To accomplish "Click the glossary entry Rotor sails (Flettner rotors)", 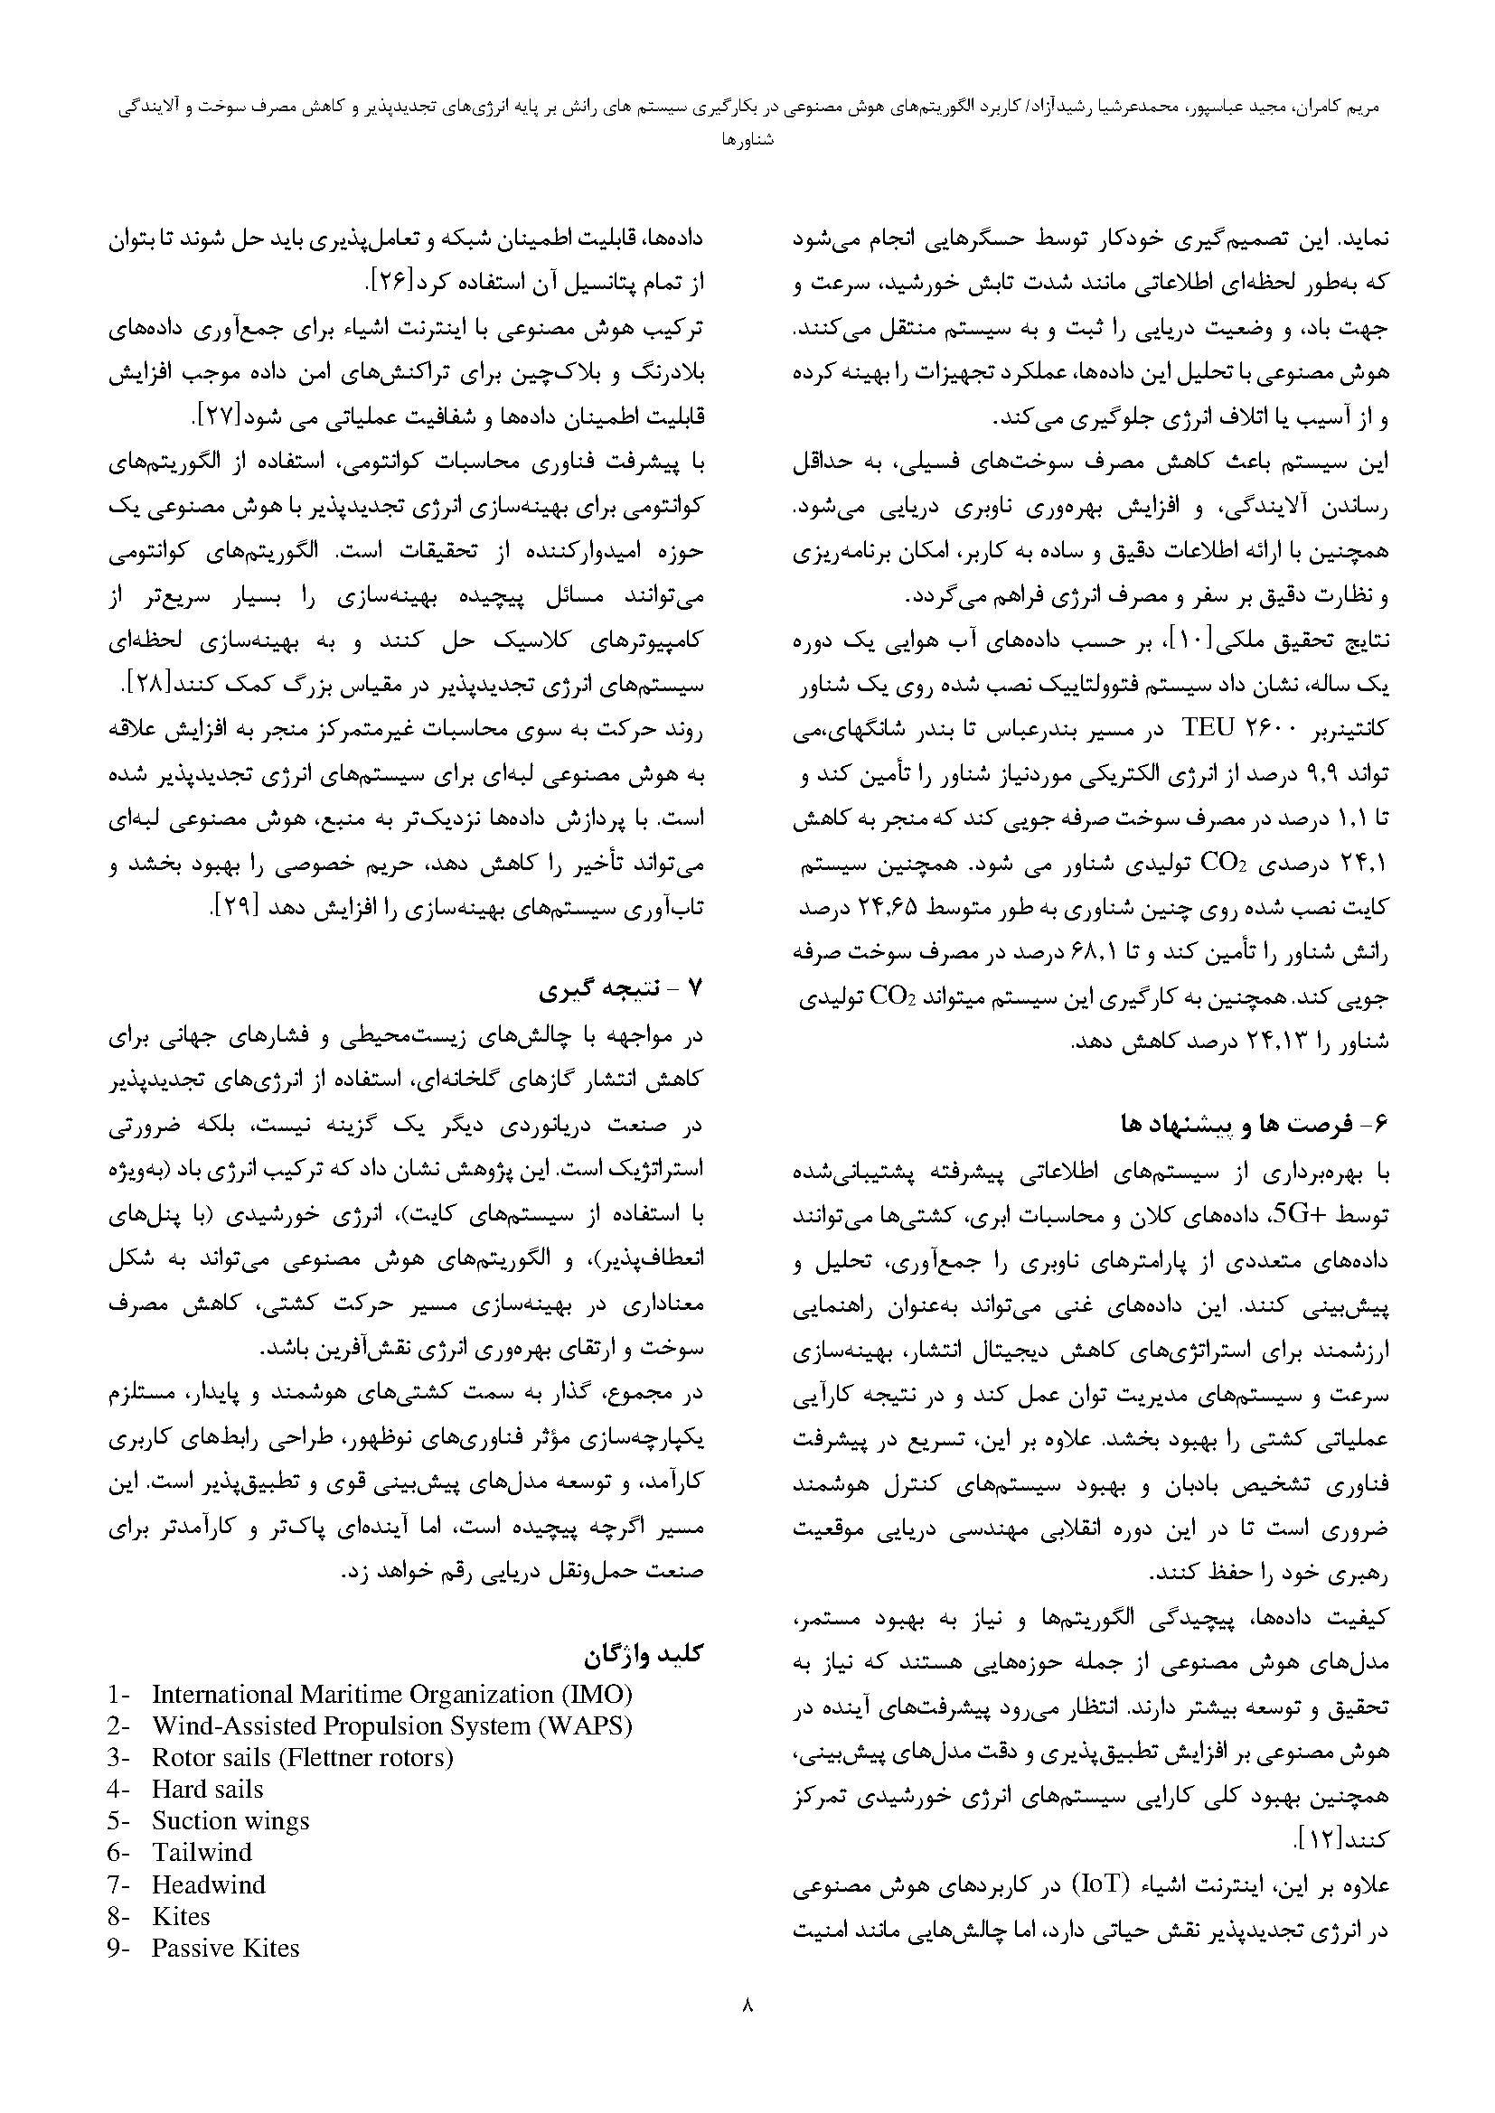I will tap(303, 1758).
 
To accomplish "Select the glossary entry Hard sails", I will tap(208, 1790).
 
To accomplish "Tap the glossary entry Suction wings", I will tap(231, 1821).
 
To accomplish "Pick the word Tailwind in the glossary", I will tap(202, 1853).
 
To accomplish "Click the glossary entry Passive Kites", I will tap(226, 1949).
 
